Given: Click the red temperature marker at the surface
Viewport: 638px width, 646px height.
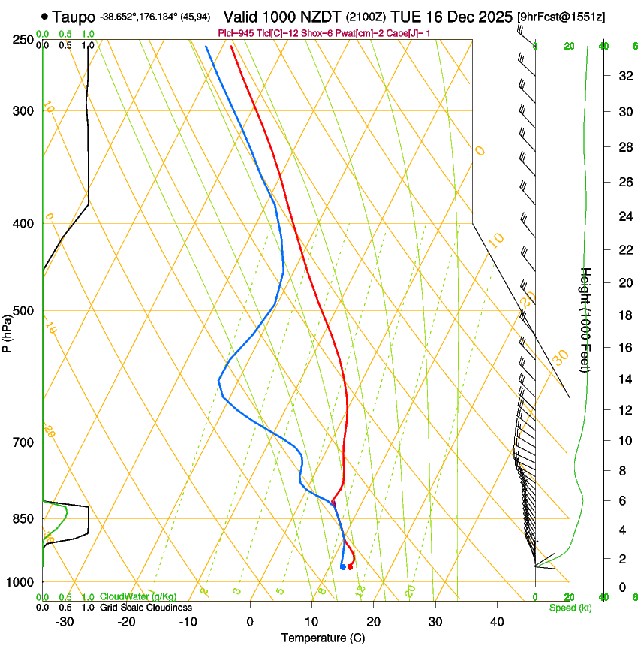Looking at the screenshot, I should pyautogui.click(x=350, y=566).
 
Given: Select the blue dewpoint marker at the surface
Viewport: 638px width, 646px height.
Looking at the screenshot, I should pyautogui.click(x=342, y=566).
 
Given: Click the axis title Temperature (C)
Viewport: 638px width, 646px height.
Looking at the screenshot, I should pyautogui.click(x=323, y=638).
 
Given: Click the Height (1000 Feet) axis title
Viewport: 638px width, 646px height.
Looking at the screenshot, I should pyautogui.click(x=586, y=320).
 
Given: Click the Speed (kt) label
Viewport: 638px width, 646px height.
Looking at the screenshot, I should pyautogui.click(x=570, y=608).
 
